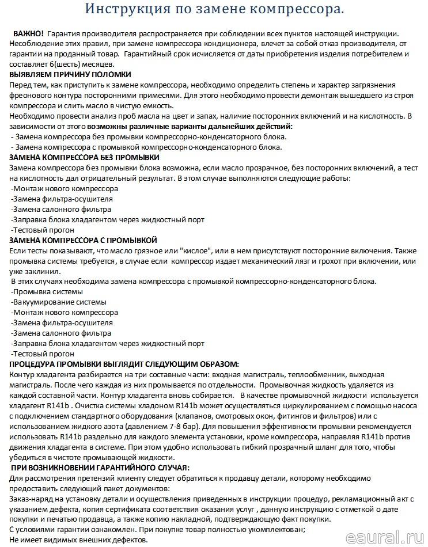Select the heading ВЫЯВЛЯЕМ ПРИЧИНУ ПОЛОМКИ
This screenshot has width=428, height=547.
tap(70, 74)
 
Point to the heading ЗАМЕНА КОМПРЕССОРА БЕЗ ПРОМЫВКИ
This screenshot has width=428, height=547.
tap(85, 157)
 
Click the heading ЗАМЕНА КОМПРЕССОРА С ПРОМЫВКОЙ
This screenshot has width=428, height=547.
tap(84, 240)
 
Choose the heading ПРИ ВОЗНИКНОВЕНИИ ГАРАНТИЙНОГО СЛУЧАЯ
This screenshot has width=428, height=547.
tap(100, 467)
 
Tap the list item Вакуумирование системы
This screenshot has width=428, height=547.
tap(59, 302)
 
